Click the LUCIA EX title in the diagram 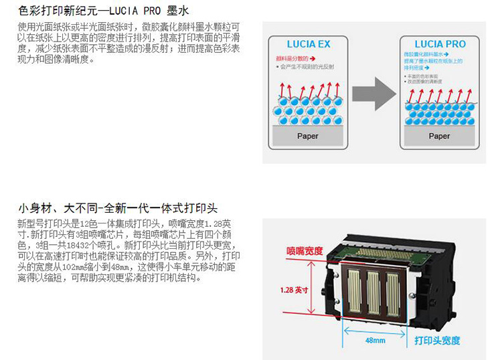pos(309,45)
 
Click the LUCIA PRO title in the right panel pos(440,45)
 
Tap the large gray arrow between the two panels pos(375,94)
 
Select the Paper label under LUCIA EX pos(308,136)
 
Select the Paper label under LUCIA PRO pos(439,136)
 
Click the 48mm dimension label pos(374,340)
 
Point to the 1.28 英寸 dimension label pos(295,290)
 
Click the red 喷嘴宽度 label pos(305,250)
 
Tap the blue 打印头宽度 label pos(437,341)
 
